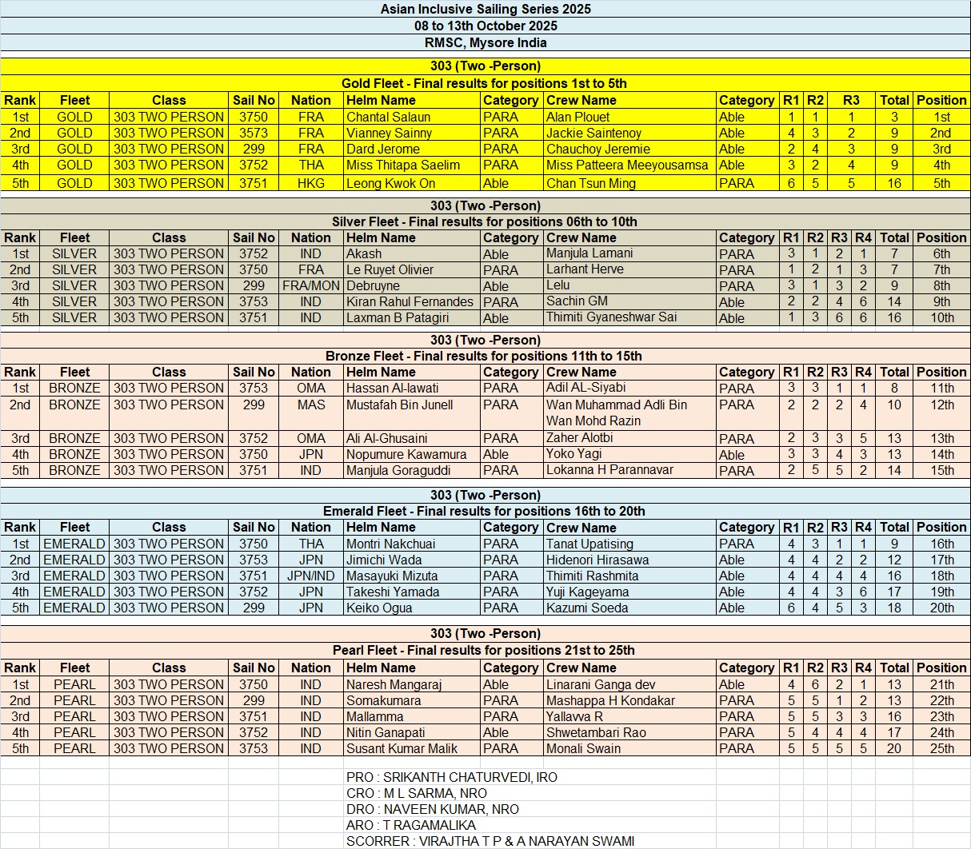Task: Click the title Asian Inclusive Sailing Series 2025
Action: click(485, 10)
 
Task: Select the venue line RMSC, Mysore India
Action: click(485, 43)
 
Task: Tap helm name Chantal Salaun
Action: click(388, 117)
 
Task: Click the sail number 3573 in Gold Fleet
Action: click(254, 133)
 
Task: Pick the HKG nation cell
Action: click(311, 183)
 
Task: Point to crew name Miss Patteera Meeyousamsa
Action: click(627, 165)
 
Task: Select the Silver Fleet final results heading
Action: click(485, 221)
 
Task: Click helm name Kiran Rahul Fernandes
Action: click(410, 302)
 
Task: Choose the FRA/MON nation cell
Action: click(311, 286)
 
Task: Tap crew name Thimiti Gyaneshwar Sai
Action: click(611, 317)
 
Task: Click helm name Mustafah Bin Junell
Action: click(399, 405)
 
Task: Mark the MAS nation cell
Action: click(311, 405)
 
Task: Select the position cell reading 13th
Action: click(941, 438)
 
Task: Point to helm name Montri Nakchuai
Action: click(390, 544)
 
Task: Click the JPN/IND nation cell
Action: click(311, 576)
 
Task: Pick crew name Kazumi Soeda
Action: click(587, 608)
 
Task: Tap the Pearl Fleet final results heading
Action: click(484, 650)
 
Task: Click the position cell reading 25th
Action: click(941, 748)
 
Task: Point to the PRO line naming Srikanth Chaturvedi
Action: click(452, 777)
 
